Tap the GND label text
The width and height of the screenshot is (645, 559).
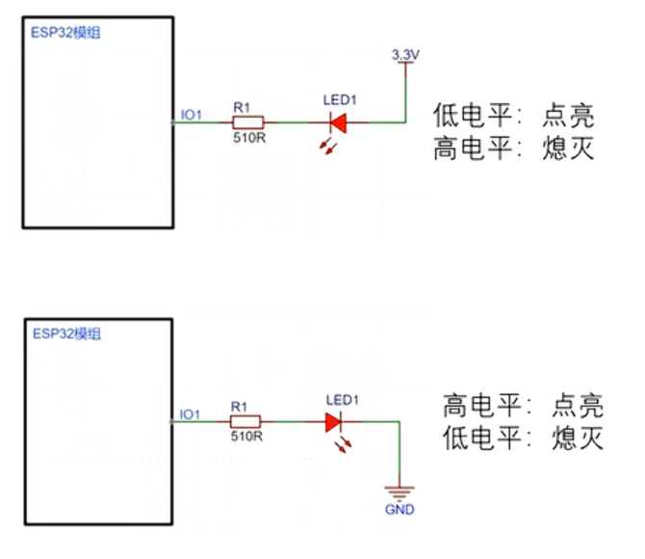coord(399,509)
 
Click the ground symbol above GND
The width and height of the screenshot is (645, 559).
coord(399,490)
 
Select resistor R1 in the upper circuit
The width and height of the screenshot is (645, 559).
coord(248,122)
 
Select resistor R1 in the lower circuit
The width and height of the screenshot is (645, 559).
coord(247,421)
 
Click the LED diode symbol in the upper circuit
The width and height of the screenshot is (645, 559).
coord(338,122)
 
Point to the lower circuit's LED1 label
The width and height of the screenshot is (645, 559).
coord(342,399)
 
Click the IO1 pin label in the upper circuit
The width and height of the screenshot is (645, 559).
coord(192,117)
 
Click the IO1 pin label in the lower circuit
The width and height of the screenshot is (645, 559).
coord(190,415)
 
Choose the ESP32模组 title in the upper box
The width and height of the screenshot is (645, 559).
coord(66,33)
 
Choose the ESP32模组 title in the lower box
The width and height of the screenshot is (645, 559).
coord(66,333)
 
